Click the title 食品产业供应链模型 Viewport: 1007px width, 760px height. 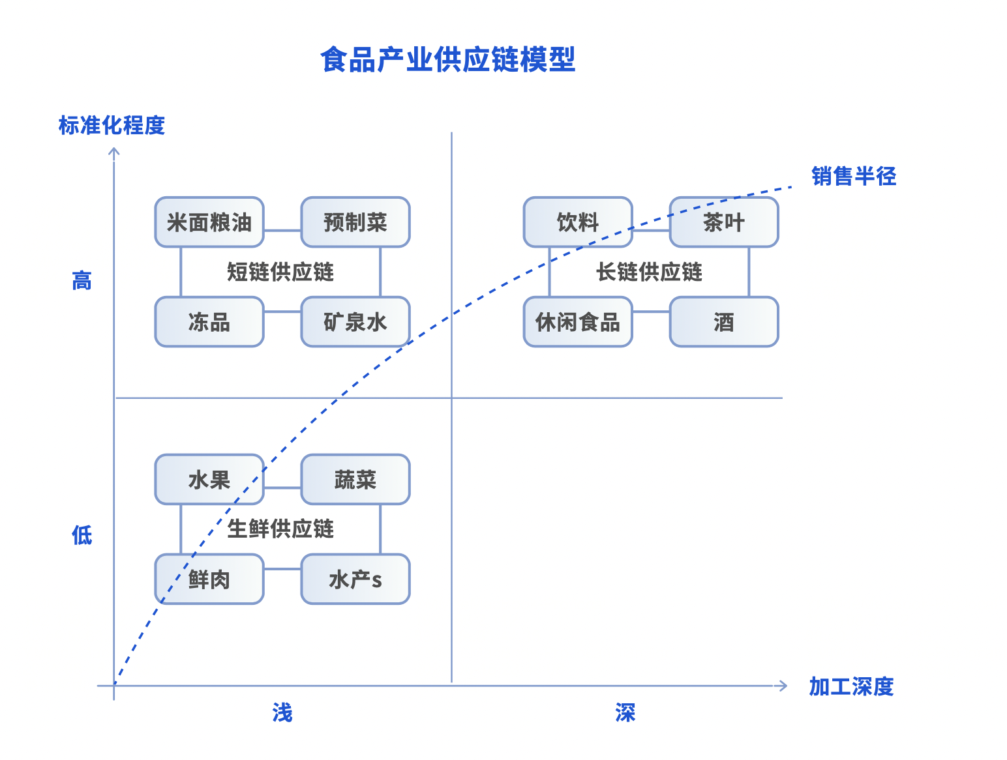(x=447, y=60)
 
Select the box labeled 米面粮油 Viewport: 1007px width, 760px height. (x=209, y=222)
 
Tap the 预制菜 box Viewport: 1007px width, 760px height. (x=355, y=222)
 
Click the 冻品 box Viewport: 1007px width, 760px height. (x=209, y=322)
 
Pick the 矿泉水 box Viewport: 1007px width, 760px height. (x=355, y=322)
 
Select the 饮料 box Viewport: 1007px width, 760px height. (x=578, y=222)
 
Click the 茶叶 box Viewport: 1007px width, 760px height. (x=724, y=222)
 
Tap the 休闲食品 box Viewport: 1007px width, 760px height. (x=578, y=322)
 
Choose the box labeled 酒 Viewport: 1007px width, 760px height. (x=724, y=322)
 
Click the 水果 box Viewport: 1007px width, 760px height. (x=209, y=480)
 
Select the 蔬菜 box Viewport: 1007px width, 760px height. (x=355, y=480)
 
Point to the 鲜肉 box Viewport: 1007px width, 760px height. (x=209, y=579)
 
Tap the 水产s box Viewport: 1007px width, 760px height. (x=355, y=579)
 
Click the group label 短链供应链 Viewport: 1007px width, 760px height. (x=280, y=272)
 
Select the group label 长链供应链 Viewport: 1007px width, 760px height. (x=649, y=272)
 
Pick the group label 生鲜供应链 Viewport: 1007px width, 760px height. (x=280, y=529)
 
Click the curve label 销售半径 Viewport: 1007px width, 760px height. (x=854, y=176)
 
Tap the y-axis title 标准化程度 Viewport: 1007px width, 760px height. (x=112, y=125)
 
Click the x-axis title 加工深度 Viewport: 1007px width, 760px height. (x=851, y=686)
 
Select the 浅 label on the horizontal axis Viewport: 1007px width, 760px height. (x=282, y=713)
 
